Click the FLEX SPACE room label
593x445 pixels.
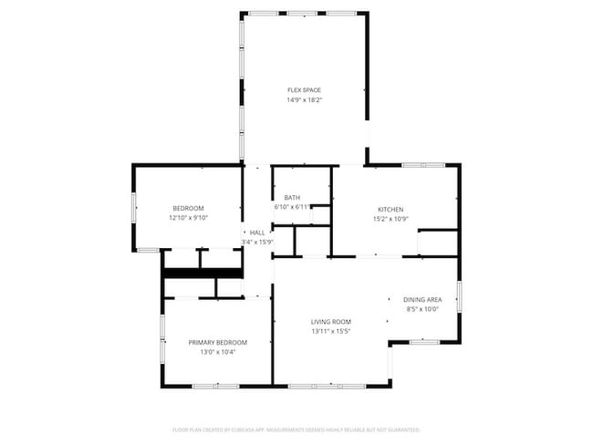click(305, 90)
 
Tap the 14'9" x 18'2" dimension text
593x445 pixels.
click(305, 100)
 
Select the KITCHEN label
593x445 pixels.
click(390, 209)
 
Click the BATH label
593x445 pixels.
click(292, 198)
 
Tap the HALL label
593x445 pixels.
click(257, 233)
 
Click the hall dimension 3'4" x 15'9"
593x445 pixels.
click(257, 242)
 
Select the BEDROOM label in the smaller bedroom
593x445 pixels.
click(189, 208)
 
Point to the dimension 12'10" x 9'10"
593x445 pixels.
click(189, 218)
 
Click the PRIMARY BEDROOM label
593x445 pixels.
click(218, 342)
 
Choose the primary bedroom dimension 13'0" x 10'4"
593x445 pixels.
click(218, 352)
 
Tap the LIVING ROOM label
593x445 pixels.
click(331, 321)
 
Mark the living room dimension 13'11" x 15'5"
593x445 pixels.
click(331, 331)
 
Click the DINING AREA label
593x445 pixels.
click(423, 300)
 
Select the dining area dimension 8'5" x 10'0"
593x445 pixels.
click(423, 309)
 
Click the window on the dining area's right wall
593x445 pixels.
click(459, 298)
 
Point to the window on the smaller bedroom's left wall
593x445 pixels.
click(134, 208)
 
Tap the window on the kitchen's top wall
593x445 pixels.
click(423, 165)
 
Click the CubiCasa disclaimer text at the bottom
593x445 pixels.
click(296, 429)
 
